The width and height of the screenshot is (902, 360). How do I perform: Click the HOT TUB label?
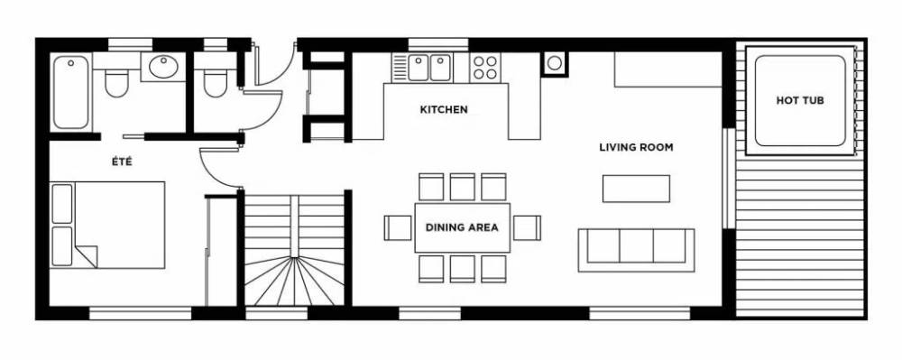coord(799,101)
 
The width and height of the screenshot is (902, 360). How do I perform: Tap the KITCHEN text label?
coord(444,109)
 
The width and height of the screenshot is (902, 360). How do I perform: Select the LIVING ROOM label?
coord(636,147)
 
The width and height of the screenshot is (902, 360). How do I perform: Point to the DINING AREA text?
coord(462,227)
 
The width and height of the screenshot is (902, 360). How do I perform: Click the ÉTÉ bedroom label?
coord(122,162)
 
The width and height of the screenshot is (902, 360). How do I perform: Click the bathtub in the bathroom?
coord(71,92)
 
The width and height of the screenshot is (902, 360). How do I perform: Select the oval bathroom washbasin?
coord(163,66)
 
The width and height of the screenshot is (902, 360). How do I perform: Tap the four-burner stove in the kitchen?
coord(484,68)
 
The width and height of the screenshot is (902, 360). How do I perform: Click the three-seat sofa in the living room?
coord(636,250)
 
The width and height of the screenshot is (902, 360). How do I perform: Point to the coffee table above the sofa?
coord(636,189)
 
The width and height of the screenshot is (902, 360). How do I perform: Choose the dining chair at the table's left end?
coord(398,227)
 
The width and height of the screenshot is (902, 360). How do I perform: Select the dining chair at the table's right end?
coord(527,227)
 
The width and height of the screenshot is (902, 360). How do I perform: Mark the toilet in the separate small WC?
coord(216,83)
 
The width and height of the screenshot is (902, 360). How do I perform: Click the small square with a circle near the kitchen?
coord(554,63)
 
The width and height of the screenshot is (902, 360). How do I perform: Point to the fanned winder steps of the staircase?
coord(295,281)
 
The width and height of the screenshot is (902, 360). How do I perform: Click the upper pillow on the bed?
coord(62,204)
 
